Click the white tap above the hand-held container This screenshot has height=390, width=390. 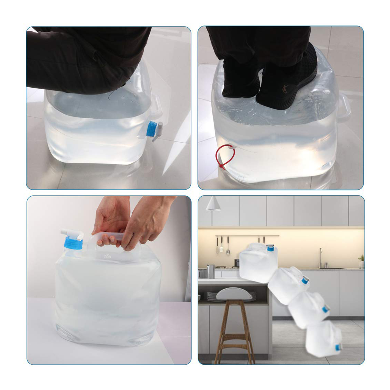pos(72,232)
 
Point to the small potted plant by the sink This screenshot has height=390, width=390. pos(361,261)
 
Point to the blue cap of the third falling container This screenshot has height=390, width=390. pos(325,309)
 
